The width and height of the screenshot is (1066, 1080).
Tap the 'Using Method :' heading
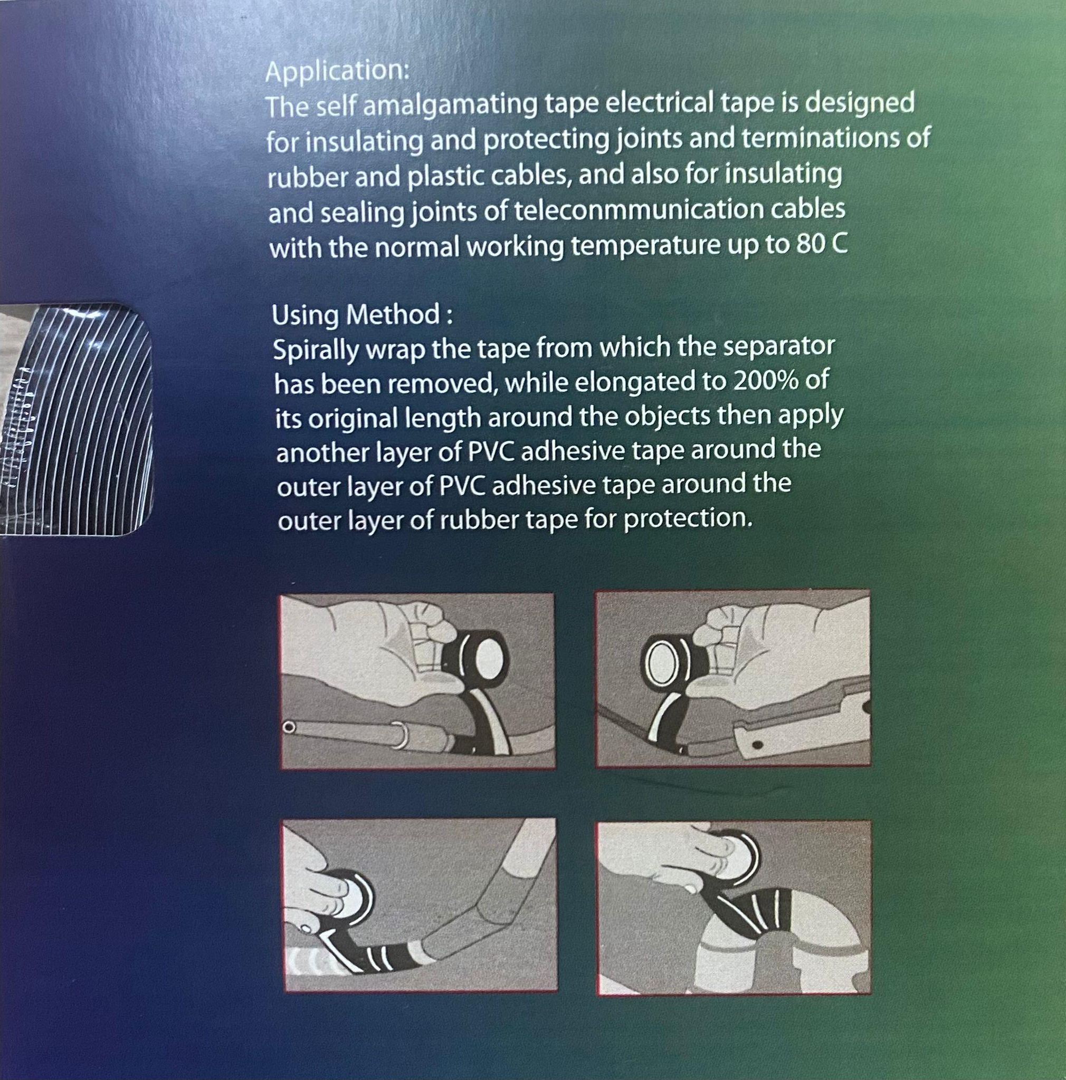(x=362, y=315)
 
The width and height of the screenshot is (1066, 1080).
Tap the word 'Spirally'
(x=316, y=351)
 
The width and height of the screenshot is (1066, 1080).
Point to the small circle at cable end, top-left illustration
(x=289, y=727)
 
